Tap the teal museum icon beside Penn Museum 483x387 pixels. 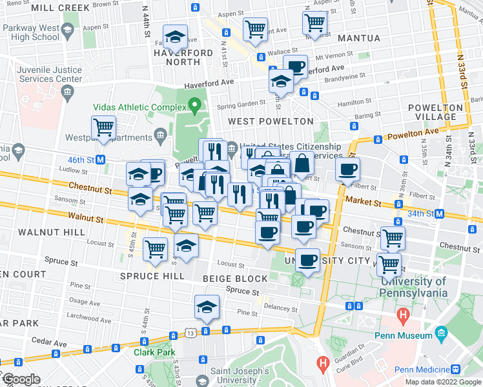(442, 333)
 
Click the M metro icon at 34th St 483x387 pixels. (440, 213)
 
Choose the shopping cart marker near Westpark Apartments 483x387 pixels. (103, 126)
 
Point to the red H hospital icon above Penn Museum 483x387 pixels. (404, 316)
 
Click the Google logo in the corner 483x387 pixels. (21, 379)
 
